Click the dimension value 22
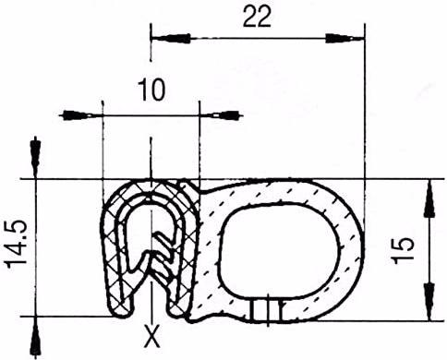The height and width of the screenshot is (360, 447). [257, 17]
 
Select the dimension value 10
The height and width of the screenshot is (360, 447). [151, 90]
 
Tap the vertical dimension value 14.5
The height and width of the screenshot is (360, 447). [16, 245]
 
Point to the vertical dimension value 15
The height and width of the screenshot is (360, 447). [404, 250]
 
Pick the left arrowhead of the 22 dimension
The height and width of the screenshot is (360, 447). [170, 39]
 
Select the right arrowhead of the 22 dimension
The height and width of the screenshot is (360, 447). [344, 39]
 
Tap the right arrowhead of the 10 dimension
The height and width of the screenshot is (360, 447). [221, 115]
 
